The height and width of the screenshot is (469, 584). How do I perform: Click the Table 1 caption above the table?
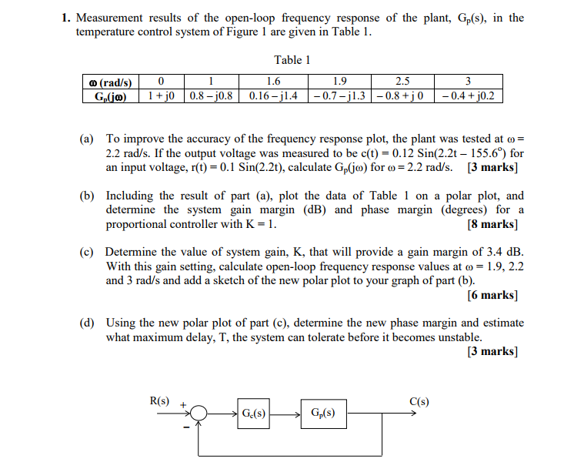pos(292,60)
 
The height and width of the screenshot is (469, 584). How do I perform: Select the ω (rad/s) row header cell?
pos(110,82)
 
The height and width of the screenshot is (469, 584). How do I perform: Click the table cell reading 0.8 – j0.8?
pos(211,97)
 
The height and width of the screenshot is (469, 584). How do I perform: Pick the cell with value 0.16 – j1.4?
pos(272,97)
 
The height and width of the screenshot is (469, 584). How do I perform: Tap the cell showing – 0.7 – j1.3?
pos(338,97)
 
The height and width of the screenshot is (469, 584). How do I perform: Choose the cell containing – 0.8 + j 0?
pos(402,97)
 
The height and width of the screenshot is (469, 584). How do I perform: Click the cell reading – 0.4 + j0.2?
pos(468,97)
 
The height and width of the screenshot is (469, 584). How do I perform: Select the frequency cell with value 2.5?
pos(402,82)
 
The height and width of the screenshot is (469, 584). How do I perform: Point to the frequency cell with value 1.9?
pos(338,82)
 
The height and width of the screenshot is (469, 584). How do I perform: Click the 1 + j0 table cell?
pos(161,97)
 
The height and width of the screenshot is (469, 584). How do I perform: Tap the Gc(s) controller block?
pos(254,414)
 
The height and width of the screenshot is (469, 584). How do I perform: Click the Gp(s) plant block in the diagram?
pos(323,414)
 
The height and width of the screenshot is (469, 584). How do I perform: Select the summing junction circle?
pos(200,414)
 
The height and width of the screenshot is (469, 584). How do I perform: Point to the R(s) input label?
pos(159,400)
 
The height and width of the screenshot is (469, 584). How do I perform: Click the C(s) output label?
pos(419,400)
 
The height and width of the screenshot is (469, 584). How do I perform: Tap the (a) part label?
pos(87,139)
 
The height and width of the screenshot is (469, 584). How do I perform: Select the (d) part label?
pos(87,323)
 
